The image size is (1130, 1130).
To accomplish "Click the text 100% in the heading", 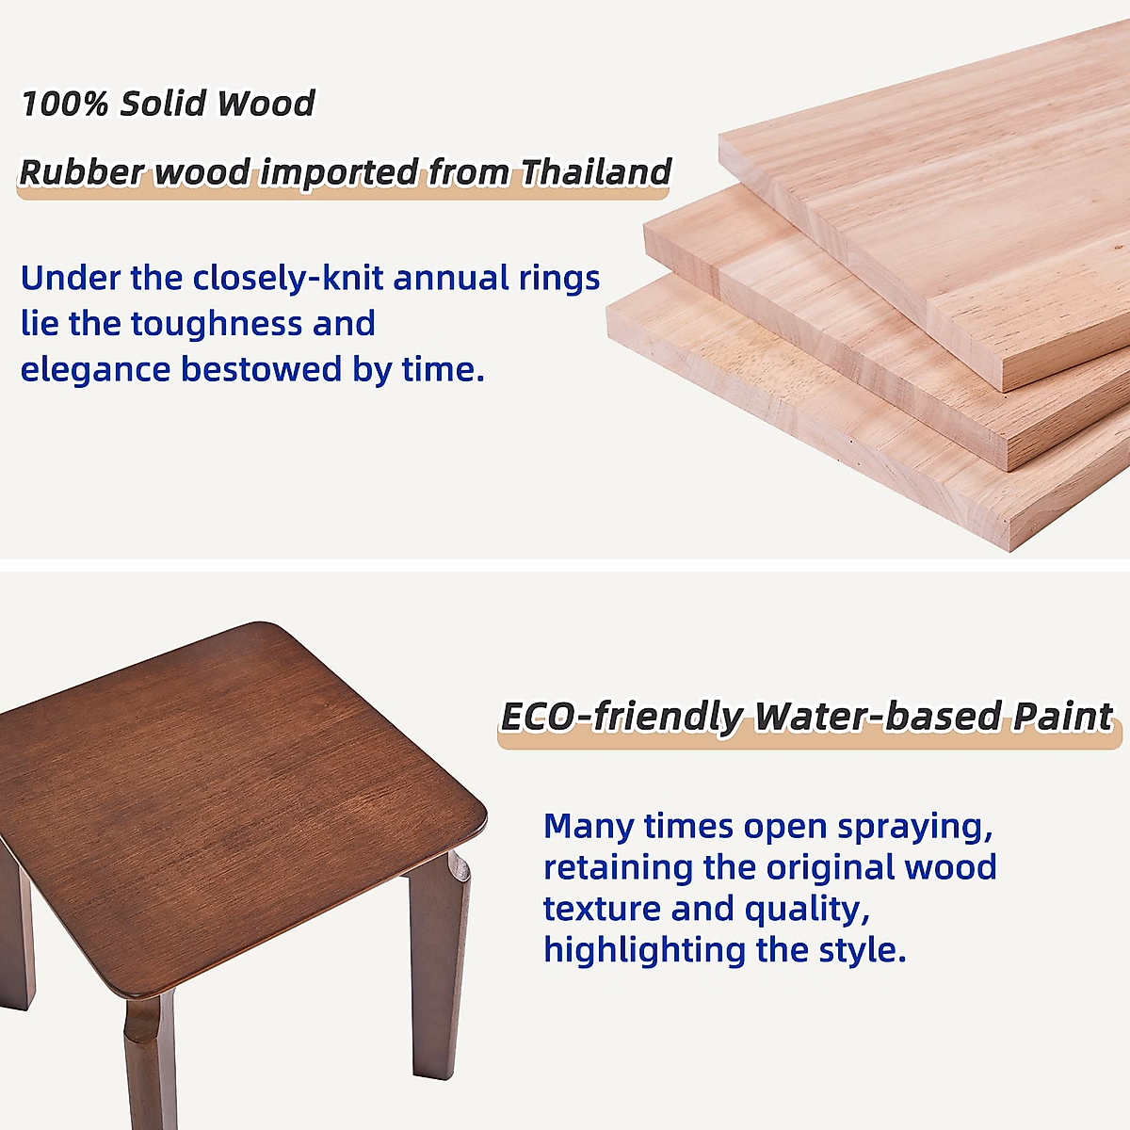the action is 66,104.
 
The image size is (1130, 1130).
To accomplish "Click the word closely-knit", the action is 288,278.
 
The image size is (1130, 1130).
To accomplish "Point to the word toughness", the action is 216,324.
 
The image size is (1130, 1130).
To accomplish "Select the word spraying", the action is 914,826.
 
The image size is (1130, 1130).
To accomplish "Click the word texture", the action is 602,909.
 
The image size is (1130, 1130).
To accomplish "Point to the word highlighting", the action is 644,950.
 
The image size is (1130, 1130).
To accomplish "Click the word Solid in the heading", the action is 163,104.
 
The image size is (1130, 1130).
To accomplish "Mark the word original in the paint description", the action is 831,868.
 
